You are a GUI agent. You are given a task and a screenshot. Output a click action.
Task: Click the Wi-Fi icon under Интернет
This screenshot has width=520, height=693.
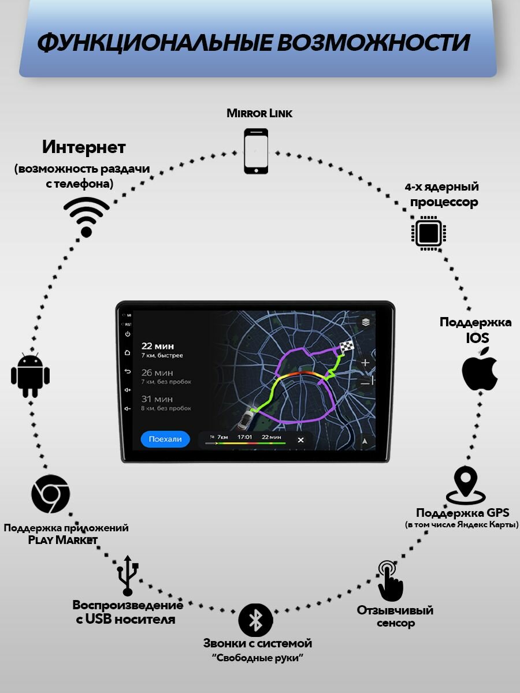tap(87, 217)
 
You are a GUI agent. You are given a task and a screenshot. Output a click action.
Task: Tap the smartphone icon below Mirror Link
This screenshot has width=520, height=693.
tap(256, 151)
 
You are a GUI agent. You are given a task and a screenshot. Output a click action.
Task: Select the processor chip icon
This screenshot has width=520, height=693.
tap(429, 233)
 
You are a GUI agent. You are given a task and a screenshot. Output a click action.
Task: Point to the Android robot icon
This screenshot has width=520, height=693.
tap(30, 375)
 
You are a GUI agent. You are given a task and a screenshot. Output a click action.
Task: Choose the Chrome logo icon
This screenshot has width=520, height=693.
tap(51, 494)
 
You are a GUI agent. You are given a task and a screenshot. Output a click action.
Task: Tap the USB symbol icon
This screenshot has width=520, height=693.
tap(128, 576)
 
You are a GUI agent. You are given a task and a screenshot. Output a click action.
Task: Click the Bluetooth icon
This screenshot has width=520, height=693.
tap(255, 620)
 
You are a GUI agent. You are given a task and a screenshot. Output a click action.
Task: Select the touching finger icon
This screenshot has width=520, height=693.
tap(390, 580)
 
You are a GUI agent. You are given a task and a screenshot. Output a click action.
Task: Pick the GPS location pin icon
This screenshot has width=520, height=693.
tap(466, 485)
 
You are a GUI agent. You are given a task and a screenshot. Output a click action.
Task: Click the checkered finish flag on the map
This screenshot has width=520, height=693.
tap(346, 347)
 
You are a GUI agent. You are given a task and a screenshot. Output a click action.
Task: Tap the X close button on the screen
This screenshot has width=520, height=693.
tap(300, 440)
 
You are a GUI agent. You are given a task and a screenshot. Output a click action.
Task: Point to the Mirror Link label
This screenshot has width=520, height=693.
tap(259, 113)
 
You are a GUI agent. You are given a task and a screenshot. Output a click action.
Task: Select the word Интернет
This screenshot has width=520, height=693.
tap(84, 147)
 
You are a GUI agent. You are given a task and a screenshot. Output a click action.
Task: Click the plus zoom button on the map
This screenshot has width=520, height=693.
tap(365, 363)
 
